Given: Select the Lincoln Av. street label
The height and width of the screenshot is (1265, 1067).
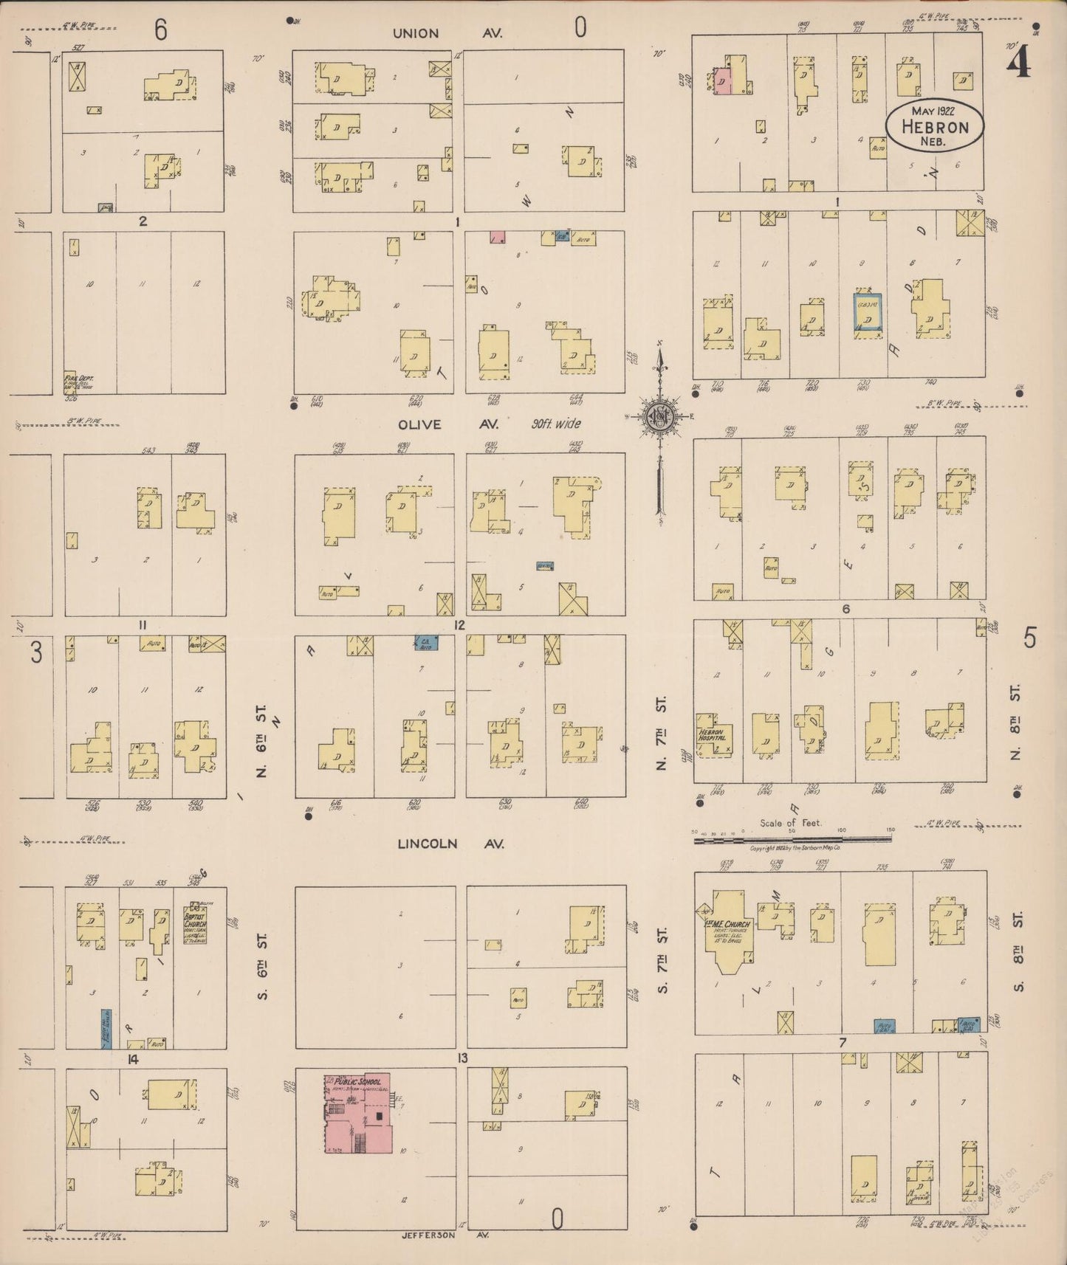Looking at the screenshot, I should tap(450, 843).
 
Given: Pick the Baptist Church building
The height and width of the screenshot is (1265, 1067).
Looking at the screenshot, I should tap(196, 923).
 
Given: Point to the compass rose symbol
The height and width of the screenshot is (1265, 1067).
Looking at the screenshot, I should tap(659, 417).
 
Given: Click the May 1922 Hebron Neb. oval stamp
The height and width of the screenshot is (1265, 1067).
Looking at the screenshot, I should tap(934, 125).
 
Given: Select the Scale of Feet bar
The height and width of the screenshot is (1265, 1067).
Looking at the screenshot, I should tap(792, 838).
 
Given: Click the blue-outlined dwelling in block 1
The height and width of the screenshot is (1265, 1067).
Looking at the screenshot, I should tap(868, 311).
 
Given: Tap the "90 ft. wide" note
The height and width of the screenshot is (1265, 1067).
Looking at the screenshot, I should tap(555, 424).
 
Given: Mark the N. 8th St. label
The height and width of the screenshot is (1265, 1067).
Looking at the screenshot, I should tap(1016, 723).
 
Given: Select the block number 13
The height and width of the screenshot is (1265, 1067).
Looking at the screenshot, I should tap(462, 1058).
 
